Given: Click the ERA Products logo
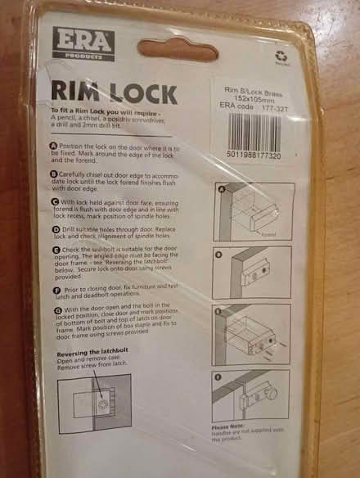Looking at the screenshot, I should (x=83, y=43).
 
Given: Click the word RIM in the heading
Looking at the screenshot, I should (x=76, y=91).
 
